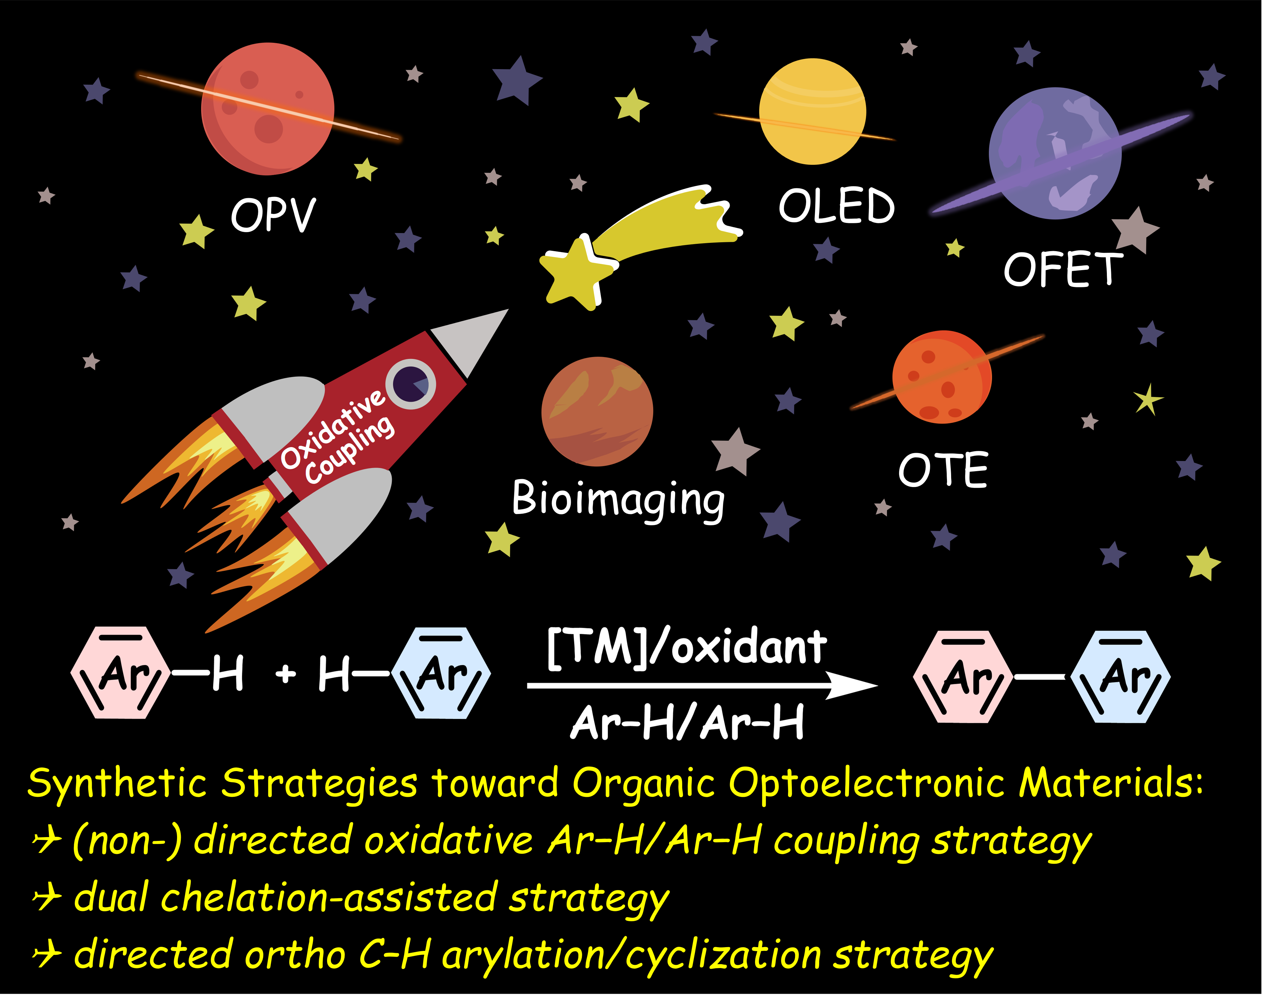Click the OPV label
(273, 215)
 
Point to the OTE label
(943, 470)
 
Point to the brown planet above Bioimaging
(597, 411)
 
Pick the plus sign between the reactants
(286, 674)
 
